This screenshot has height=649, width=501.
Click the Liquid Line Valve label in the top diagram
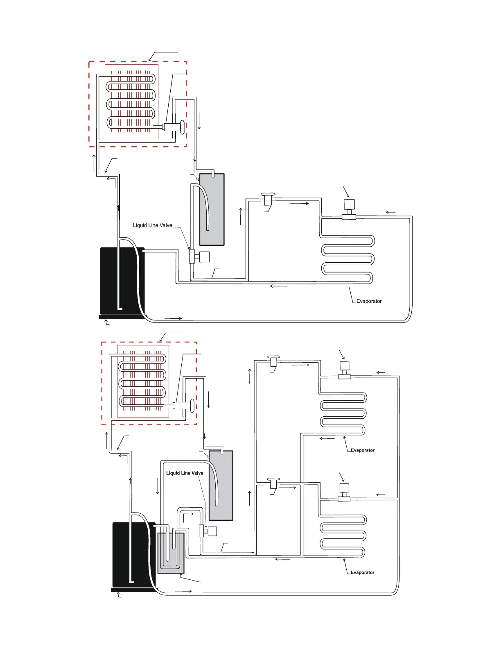(x=152, y=225)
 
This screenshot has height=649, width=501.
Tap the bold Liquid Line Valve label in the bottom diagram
(x=185, y=473)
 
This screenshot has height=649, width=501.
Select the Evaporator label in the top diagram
(x=369, y=301)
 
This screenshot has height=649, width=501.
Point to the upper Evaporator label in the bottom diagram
(x=363, y=450)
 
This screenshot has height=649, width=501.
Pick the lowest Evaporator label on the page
(x=363, y=572)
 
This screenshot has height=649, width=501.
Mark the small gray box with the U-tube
(x=171, y=553)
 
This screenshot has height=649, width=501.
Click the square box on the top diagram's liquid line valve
(x=204, y=257)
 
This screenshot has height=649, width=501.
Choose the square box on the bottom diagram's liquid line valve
(x=212, y=531)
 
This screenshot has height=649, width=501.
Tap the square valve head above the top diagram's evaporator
(x=349, y=204)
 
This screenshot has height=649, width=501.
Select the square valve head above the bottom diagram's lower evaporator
(x=344, y=488)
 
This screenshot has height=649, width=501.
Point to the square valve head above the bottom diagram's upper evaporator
(x=344, y=365)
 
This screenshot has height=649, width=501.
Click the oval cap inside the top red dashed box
(x=182, y=127)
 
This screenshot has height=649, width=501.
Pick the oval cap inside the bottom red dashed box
(x=192, y=406)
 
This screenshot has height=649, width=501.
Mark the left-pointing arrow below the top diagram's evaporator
(x=279, y=286)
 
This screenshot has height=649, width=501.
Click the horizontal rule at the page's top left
(x=76, y=38)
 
